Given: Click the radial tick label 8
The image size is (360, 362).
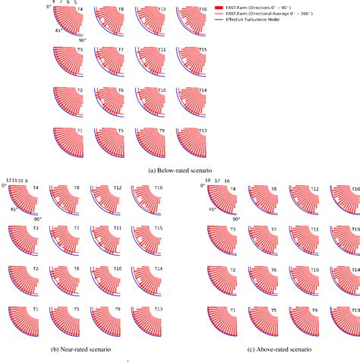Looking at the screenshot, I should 54,2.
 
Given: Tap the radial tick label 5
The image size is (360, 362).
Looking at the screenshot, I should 75,2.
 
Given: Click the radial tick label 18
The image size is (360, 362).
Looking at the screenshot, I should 207,181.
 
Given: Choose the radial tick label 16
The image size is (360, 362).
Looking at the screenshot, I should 226,181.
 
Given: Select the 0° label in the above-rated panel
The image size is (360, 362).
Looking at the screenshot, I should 202,185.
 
